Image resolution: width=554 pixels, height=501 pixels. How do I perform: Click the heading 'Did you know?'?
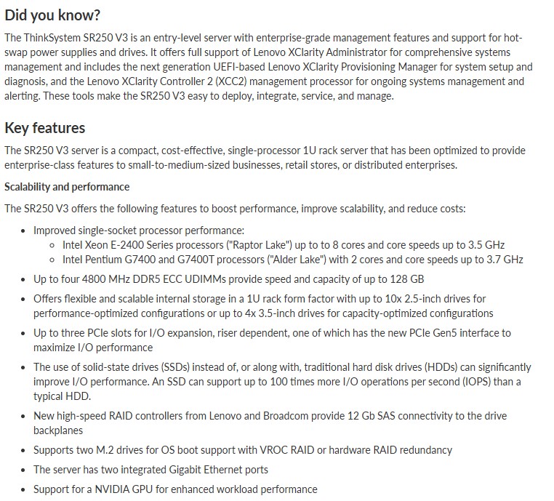tap(52, 15)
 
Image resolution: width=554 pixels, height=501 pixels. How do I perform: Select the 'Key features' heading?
tap(45, 128)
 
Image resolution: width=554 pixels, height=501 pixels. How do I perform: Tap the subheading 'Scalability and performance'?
tap(67, 187)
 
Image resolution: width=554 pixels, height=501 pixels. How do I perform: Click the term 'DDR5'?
tap(150, 279)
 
